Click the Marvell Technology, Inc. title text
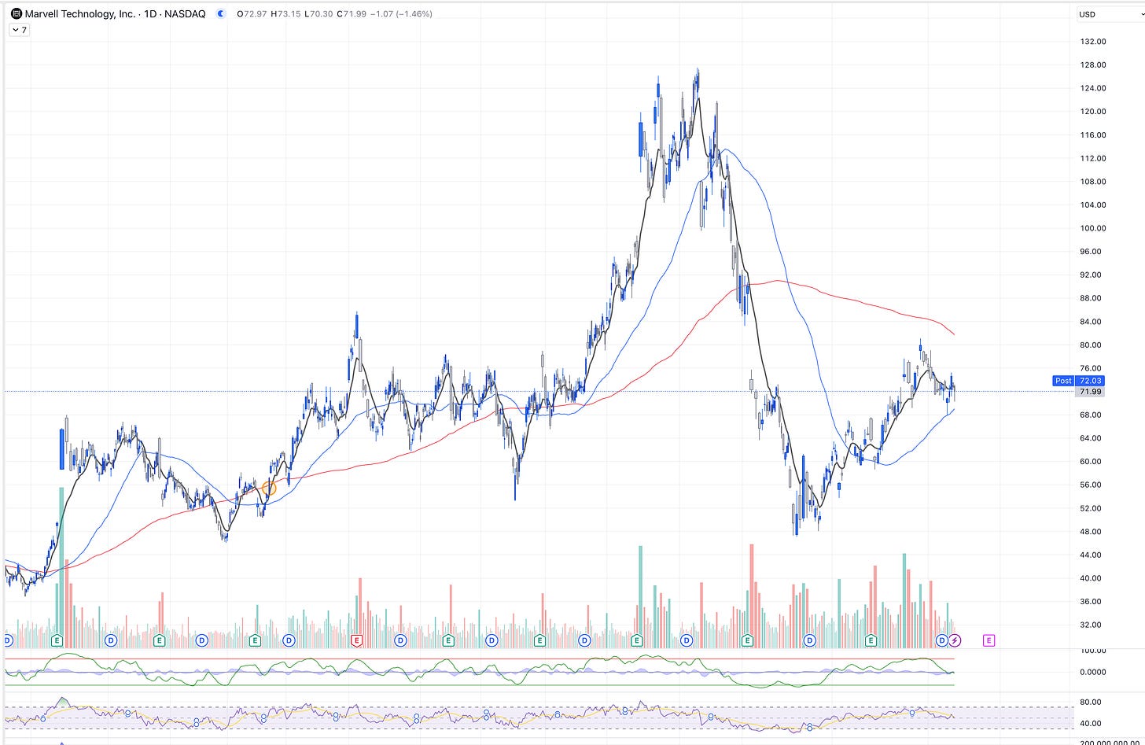tap(79, 14)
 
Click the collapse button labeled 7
tap(20, 30)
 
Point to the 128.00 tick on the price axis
tap(1092, 65)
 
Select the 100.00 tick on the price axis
tap(1092, 228)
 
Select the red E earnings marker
tap(356, 640)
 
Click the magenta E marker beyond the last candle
tap(989, 640)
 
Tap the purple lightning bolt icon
tap(955, 640)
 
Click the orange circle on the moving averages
tap(269, 489)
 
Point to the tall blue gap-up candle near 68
tap(62, 449)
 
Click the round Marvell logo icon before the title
tap(16, 14)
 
